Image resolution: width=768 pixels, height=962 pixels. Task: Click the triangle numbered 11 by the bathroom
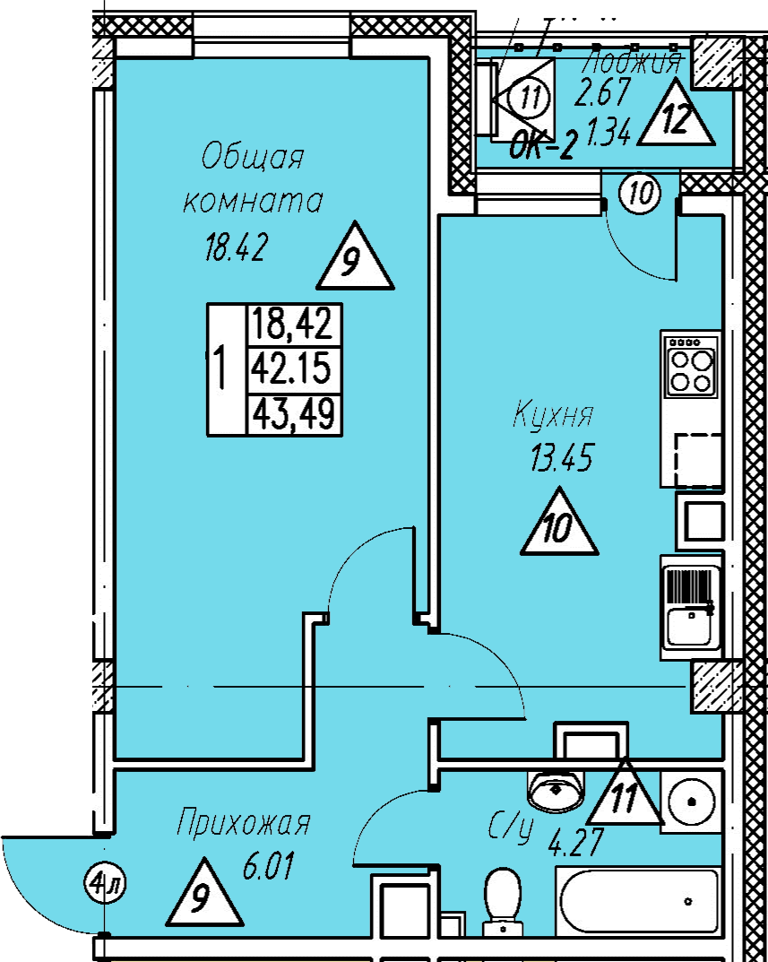point(625,794)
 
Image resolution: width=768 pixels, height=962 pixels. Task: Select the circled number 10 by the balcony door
point(639,192)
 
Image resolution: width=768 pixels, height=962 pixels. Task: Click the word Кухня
point(553,417)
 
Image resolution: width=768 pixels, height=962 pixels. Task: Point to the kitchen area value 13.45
point(562,460)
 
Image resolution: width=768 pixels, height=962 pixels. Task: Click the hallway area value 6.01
point(269,867)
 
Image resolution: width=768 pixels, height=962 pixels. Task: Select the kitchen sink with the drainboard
point(690,607)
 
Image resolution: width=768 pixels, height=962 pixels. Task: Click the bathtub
point(637,899)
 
